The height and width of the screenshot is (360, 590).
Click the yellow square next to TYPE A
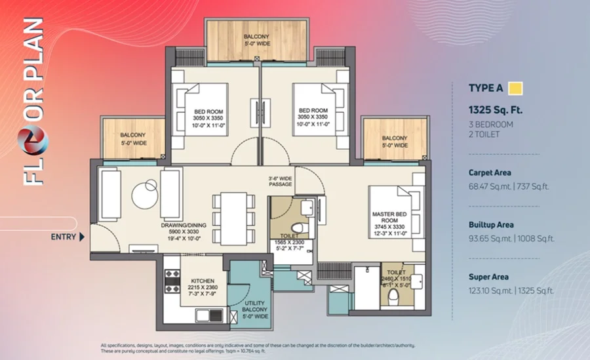(515, 89)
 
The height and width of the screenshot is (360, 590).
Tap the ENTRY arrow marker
(82, 237)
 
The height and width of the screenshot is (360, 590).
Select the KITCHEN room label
(203, 281)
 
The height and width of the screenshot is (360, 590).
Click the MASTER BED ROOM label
(389, 217)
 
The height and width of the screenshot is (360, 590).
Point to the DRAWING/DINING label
(184, 225)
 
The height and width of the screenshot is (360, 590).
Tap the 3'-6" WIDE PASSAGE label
(281, 181)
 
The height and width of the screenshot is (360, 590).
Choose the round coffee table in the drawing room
(146, 195)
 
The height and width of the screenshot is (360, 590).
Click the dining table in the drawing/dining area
(233, 219)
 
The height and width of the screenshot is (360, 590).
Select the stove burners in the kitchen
(172, 281)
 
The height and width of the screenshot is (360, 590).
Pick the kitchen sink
(209, 315)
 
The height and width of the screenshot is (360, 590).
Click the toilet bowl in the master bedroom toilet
(393, 298)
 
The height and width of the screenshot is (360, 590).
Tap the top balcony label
(256, 40)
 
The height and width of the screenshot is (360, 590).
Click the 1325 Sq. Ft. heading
(495, 110)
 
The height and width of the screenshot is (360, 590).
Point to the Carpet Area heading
(490, 173)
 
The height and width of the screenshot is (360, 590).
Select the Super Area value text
(511, 290)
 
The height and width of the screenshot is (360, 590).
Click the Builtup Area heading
(491, 225)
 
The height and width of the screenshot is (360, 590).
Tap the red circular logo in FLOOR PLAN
(33, 140)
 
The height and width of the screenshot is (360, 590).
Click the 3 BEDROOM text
(490, 125)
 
